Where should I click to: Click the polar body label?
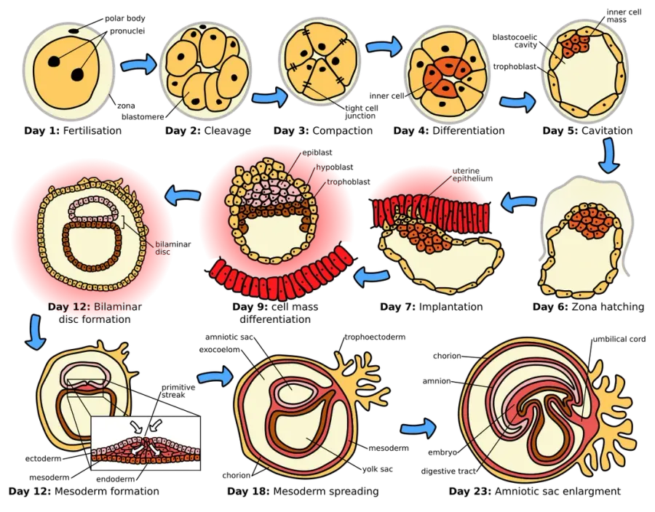(x=125, y=18)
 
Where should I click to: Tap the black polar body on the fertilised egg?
(x=74, y=31)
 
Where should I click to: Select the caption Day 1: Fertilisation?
(x=73, y=131)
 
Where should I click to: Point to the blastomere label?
(x=143, y=117)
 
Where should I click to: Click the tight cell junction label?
(x=361, y=112)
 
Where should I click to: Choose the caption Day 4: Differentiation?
(x=449, y=131)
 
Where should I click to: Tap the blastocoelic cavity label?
(x=515, y=41)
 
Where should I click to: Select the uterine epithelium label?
(x=472, y=175)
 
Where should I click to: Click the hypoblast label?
(x=334, y=167)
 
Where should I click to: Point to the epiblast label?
(x=317, y=153)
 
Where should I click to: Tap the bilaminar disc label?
(x=173, y=248)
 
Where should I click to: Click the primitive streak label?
(x=178, y=391)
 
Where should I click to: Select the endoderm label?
(x=115, y=479)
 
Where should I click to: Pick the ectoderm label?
(x=44, y=459)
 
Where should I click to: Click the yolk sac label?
(x=377, y=469)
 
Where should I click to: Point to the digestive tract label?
(x=448, y=471)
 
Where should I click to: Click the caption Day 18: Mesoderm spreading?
(x=303, y=491)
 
